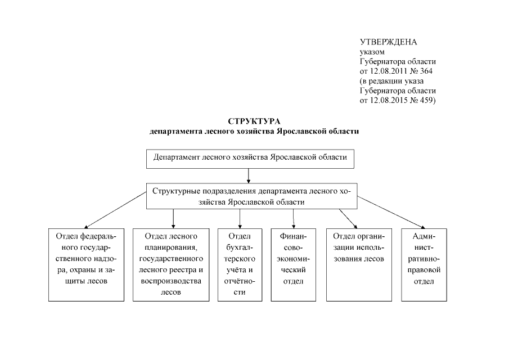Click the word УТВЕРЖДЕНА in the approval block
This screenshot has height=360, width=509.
point(388,42)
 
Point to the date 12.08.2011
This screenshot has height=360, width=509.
point(389,71)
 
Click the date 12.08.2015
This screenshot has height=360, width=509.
point(389,100)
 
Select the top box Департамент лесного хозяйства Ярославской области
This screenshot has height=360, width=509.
point(250,158)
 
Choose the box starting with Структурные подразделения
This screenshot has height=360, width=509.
point(250,196)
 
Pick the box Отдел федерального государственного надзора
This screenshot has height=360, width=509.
point(85,264)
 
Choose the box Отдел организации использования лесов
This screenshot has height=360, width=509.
point(358,264)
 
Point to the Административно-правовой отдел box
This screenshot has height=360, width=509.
point(423,264)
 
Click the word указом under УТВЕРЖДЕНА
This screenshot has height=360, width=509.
point(372,52)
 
